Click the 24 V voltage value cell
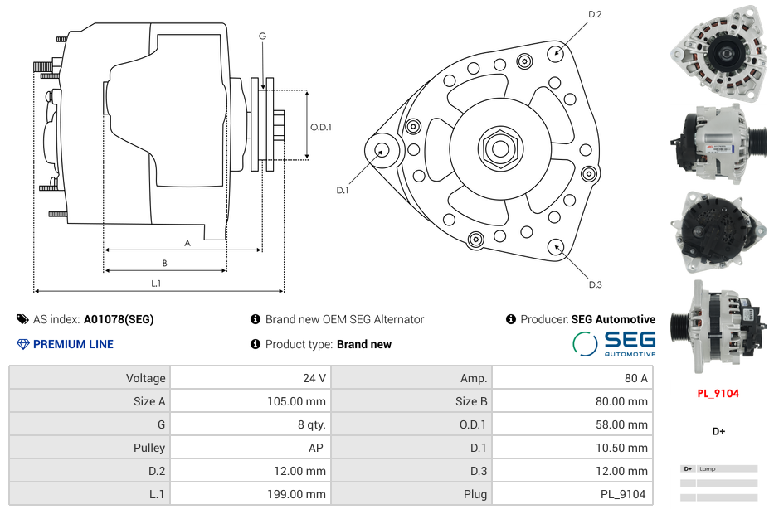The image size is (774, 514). coord(314,378)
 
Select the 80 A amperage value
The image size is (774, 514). coord(635,378)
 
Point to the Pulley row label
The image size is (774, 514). coord(149,448)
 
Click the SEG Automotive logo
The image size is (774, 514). coord(615,344)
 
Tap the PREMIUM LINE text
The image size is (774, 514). coord(73,344)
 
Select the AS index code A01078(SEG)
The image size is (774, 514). coord(118,319)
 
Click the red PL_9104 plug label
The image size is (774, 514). coord(718,394)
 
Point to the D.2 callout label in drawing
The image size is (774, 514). coord(595,15)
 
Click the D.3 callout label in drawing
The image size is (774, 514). coord(595,284)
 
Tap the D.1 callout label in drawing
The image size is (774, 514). coord(342,190)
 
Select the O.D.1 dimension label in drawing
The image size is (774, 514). coord(321,127)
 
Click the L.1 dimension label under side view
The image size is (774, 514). coord(156,284)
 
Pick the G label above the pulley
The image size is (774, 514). coord(262,36)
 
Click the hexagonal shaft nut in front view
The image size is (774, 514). coord(499,148)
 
